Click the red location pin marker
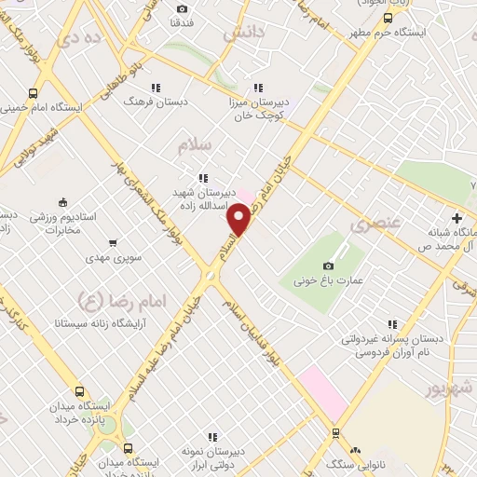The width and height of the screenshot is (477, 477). [x=240, y=219]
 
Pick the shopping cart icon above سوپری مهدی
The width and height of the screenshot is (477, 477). [x=113, y=244]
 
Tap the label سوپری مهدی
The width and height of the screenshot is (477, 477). [x=113, y=260]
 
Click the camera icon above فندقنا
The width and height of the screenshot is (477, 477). [x=182, y=9]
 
